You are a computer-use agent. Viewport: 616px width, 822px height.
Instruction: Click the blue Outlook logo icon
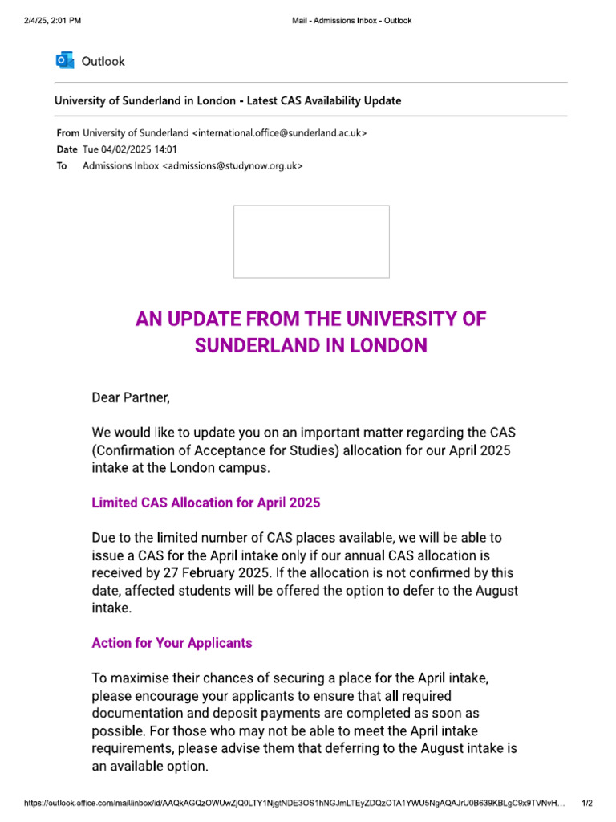pos(65,61)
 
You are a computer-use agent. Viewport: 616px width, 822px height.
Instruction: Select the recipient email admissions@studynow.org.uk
pos(233,166)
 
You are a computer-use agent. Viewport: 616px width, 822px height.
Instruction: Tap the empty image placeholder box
pos(311,242)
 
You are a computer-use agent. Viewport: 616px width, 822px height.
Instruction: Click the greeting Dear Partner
pos(131,397)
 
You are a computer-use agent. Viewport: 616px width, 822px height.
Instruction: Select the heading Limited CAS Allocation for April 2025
pos(206,503)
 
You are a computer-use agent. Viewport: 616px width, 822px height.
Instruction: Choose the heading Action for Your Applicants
pos(172,643)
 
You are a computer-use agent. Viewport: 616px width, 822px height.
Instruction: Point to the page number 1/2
pos(586,803)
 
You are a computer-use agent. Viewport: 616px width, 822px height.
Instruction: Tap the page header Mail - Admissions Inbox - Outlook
pos(351,21)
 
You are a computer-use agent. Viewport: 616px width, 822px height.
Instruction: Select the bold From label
pos(67,132)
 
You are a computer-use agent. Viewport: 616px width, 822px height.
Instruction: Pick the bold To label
pos(62,166)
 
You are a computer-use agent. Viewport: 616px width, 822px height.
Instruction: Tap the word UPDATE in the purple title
pos(208,319)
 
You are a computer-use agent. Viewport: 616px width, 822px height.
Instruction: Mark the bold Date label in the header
pos(67,149)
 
